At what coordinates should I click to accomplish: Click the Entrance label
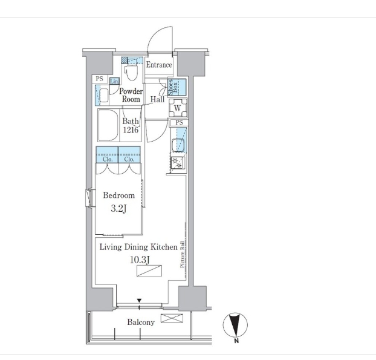(159, 65)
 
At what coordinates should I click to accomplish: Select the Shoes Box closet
(177, 87)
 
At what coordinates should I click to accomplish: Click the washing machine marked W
(178, 108)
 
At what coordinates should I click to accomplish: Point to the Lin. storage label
(114, 81)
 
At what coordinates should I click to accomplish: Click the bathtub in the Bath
(108, 125)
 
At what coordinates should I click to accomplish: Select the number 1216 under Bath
(131, 130)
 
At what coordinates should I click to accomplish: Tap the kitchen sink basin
(178, 145)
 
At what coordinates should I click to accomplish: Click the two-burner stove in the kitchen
(178, 163)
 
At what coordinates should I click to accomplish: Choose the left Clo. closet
(107, 154)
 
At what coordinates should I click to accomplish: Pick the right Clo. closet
(129, 154)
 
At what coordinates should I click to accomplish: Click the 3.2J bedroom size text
(118, 209)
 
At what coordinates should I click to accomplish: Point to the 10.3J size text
(140, 260)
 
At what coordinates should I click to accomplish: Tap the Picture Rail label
(183, 254)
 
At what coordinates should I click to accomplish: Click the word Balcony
(141, 322)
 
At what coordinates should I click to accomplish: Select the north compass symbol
(235, 325)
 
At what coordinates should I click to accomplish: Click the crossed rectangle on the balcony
(172, 318)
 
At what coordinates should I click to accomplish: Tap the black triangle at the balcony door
(139, 301)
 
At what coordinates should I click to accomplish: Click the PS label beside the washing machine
(179, 123)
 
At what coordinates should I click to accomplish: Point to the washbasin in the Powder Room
(104, 95)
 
